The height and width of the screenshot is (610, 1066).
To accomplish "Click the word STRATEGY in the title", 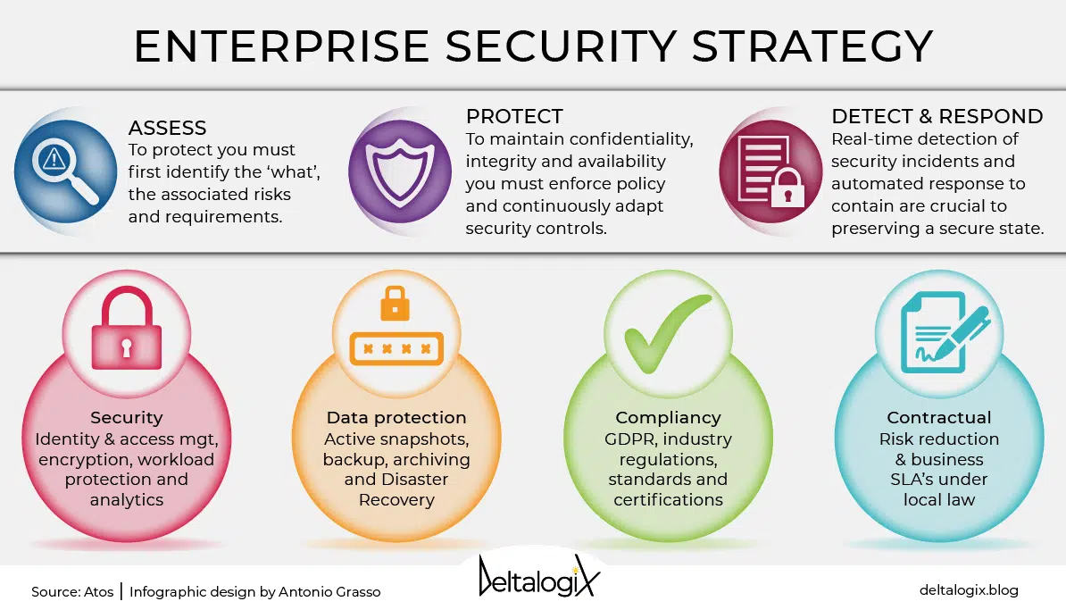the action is [812, 46].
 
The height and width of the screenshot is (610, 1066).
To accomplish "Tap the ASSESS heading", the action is [167, 128].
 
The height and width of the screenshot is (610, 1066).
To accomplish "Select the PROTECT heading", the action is [514, 116].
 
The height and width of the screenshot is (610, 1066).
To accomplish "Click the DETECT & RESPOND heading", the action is [937, 116].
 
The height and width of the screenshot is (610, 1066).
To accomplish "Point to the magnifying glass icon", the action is [65, 171].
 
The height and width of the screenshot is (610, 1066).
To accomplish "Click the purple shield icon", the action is [400, 171].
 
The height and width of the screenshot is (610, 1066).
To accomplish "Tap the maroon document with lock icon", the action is [771, 171].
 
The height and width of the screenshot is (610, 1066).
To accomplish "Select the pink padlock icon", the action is [127, 328].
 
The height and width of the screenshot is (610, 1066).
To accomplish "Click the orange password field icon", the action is [396, 326].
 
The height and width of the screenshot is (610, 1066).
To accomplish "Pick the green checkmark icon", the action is [668, 332].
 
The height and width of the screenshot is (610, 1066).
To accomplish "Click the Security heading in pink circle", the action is [127, 418].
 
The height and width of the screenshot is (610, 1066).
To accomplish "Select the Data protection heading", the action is [396, 418].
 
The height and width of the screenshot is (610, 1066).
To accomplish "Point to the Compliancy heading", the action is [668, 418].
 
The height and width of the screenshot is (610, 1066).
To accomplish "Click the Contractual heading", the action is [939, 418].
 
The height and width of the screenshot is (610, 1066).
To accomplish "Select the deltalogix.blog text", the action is [969, 590].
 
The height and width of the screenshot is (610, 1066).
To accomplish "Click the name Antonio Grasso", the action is [329, 591].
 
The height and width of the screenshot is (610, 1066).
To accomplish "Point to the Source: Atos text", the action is [72, 591].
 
